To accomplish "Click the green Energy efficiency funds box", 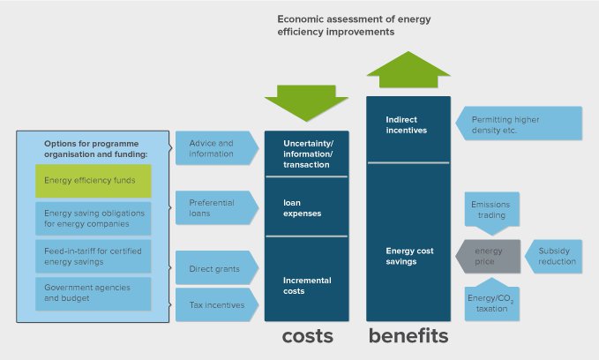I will pyautogui.click(x=93, y=181).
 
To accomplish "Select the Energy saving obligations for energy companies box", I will pyautogui.click(x=93, y=218).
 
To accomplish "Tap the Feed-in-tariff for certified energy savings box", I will pyautogui.click(x=93, y=255).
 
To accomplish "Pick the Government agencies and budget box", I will pyautogui.click(x=93, y=293).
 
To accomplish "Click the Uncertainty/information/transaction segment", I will pyautogui.click(x=306, y=154).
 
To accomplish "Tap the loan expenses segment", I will pyautogui.click(x=306, y=207).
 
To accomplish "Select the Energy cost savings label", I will pyautogui.click(x=408, y=255).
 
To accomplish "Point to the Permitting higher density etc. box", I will pyautogui.click(x=520, y=124).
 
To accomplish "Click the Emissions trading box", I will pyautogui.click(x=491, y=211).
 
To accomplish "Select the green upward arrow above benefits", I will pyautogui.click(x=408, y=71).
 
